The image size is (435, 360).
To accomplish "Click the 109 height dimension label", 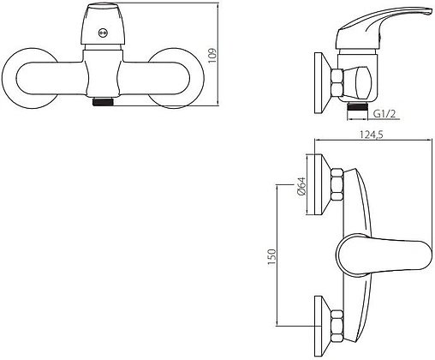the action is (212, 56).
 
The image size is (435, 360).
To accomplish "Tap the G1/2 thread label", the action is (384, 114).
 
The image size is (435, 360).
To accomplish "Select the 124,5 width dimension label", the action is (371, 135).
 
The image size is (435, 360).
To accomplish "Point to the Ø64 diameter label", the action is (301, 186).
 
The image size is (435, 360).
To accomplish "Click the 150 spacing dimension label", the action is (271, 257).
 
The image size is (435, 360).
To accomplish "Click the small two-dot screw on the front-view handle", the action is (103, 33).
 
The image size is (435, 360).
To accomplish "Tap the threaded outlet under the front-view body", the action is (104, 102).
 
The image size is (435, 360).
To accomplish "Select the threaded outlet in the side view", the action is (356, 108).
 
